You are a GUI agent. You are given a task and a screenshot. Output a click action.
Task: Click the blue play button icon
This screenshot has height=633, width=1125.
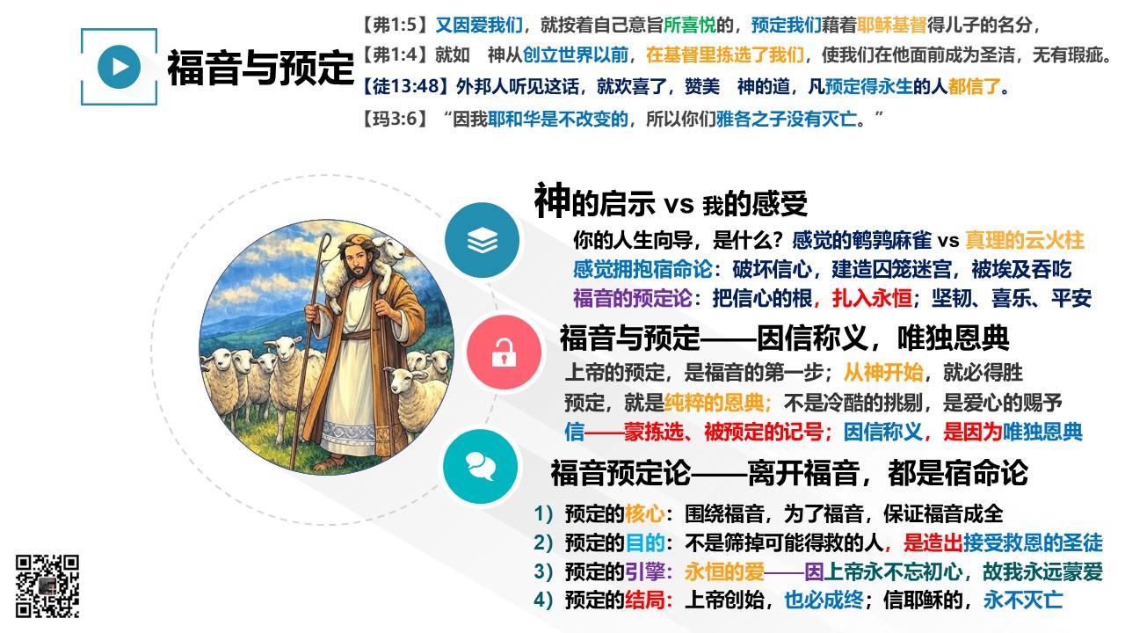(x=119, y=67)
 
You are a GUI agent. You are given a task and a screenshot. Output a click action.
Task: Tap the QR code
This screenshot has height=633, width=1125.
(x=47, y=586)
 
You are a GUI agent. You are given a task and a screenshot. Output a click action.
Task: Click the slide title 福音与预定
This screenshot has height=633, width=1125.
(x=261, y=68)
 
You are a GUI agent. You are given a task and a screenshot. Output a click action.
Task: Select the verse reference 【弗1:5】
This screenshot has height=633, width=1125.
(x=396, y=24)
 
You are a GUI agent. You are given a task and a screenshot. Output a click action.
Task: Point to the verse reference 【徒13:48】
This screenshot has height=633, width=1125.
(x=405, y=86)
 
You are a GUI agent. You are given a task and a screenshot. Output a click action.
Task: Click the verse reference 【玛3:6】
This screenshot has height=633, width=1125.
(x=396, y=119)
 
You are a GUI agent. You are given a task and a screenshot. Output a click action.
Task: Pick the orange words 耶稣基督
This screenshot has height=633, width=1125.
(x=891, y=24)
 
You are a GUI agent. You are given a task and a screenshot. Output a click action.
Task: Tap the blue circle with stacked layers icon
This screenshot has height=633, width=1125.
(x=483, y=240)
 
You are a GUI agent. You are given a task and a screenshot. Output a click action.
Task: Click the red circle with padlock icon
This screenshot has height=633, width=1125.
(x=504, y=353)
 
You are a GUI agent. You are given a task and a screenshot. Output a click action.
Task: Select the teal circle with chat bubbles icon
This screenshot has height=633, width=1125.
(x=481, y=467)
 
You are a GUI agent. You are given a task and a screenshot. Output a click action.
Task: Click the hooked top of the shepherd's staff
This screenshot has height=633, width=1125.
(x=326, y=244)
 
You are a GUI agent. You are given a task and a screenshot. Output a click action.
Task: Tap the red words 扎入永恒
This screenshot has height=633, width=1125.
(x=872, y=298)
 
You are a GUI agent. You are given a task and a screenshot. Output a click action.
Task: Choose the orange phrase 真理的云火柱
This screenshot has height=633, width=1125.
(x=1025, y=240)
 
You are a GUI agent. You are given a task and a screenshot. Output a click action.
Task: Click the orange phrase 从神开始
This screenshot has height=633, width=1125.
(x=883, y=373)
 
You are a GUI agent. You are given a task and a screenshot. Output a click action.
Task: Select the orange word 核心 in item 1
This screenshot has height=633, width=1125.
(x=645, y=513)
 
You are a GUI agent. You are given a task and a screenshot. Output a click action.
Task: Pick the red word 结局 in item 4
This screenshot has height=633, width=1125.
(x=645, y=600)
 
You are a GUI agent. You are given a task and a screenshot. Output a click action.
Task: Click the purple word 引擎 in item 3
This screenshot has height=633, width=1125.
(x=645, y=571)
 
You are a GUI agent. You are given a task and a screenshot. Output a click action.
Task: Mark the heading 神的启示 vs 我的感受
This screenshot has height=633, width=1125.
(x=671, y=202)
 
